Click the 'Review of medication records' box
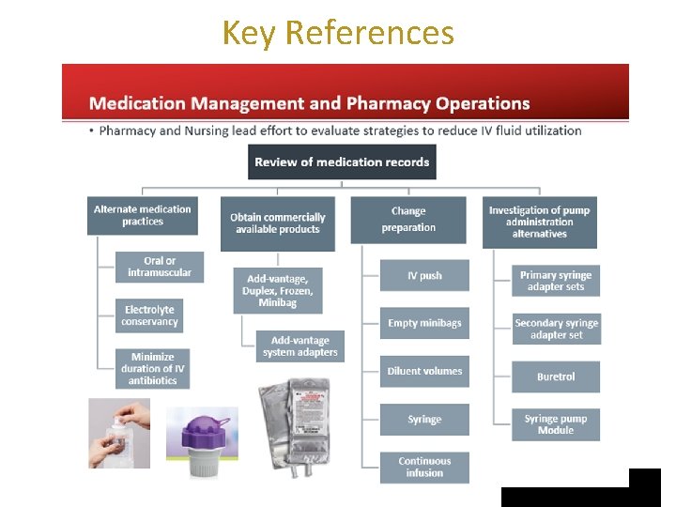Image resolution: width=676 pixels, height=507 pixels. (342, 162)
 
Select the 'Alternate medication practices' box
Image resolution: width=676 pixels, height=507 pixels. (143, 216)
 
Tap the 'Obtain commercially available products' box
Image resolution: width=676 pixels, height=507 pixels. (278, 223)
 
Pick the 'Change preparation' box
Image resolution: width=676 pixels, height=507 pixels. (408, 220)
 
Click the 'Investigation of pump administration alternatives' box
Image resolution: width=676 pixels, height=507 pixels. (540, 223)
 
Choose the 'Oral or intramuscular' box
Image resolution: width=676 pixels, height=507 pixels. (160, 267)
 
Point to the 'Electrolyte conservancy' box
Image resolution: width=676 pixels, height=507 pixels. (149, 315)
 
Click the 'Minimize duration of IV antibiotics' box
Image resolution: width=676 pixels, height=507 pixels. (153, 369)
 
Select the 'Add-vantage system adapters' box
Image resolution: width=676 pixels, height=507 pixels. (300, 346)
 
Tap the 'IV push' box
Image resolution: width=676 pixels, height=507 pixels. (424, 275)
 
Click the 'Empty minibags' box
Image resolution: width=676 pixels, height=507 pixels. (424, 323)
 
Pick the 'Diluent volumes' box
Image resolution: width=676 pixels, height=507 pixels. (424, 371)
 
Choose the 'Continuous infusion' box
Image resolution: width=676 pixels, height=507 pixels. (424, 468)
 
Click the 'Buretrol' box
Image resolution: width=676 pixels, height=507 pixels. (556, 376)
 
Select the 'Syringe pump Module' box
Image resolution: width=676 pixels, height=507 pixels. (556, 424)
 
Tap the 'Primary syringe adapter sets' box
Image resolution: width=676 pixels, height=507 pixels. (556, 281)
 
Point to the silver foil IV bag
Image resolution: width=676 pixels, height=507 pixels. (295, 428)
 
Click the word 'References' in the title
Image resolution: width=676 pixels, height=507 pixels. (370, 33)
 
